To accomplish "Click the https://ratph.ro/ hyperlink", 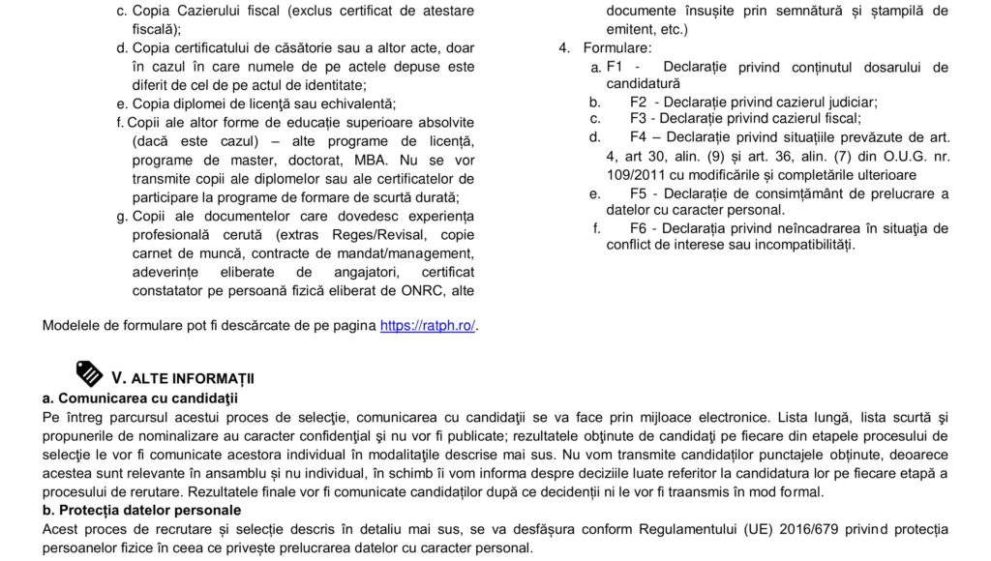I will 428,326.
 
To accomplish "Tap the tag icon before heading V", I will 89,373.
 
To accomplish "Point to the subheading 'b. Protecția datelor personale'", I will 141,510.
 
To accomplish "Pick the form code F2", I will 639,102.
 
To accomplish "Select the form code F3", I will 639,118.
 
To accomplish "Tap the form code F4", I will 639,137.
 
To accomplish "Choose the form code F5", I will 639,193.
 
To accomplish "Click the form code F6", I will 639,228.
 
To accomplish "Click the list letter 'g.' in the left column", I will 122,216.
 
